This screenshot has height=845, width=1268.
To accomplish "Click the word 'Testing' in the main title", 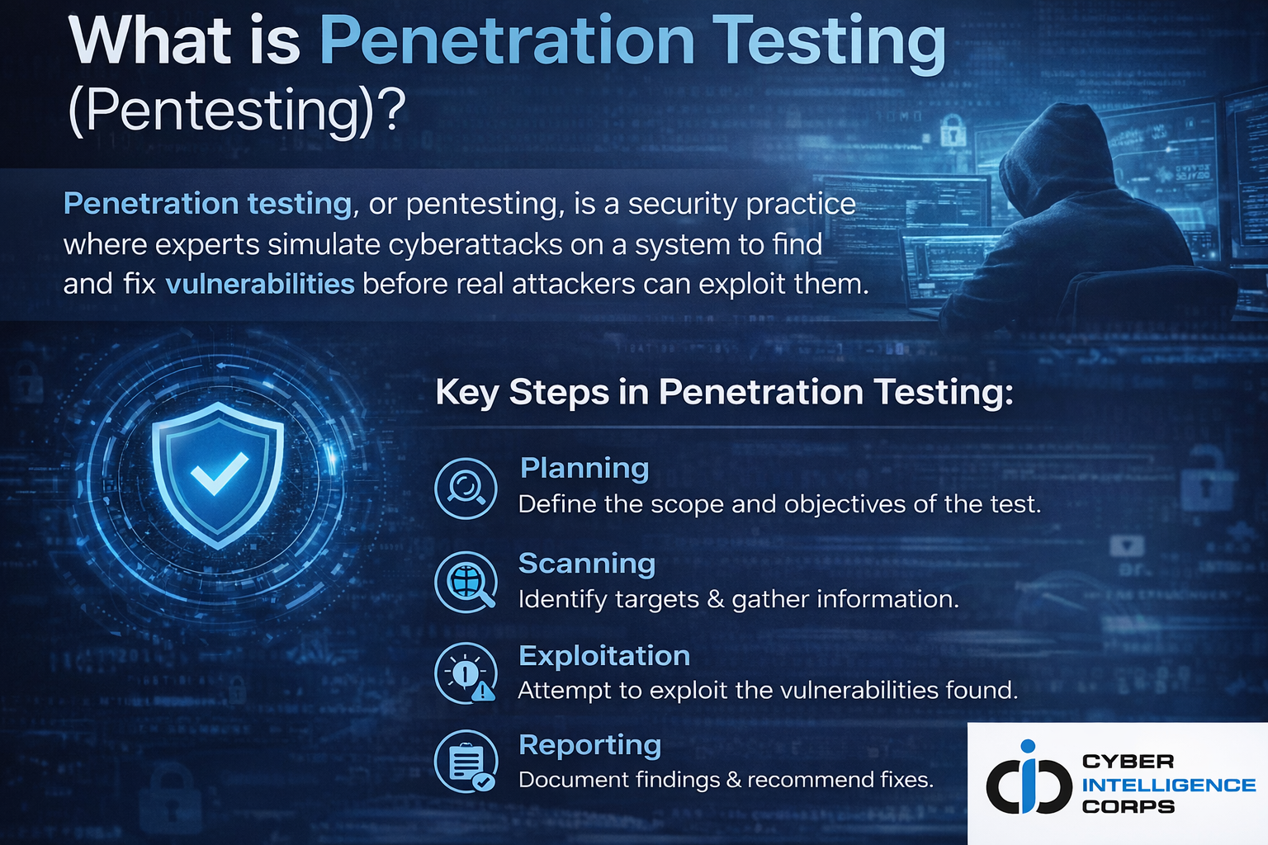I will click(829, 43).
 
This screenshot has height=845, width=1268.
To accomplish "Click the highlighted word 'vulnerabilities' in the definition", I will click(260, 284).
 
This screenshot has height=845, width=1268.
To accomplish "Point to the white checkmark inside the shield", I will click(219, 473).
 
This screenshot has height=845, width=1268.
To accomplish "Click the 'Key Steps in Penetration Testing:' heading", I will click(724, 392).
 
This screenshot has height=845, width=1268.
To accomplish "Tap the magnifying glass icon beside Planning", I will click(466, 489).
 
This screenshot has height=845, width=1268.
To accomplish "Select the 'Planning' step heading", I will click(584, 468).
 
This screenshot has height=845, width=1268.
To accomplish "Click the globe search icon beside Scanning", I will click(466, 582).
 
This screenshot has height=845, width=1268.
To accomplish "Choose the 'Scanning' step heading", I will click(587, 563).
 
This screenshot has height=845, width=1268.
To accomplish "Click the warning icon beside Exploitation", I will click(466, 673).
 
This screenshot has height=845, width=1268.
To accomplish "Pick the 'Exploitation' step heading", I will click(604, 655).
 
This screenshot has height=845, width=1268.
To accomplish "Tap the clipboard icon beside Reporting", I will click(466, 762).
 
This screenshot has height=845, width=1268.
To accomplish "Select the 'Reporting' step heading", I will click(590, 744).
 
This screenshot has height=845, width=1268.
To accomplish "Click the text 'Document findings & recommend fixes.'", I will click(726, 780).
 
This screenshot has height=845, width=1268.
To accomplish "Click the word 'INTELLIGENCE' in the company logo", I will click(1168, 785).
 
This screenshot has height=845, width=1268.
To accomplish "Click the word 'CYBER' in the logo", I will click(1128, 762).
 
